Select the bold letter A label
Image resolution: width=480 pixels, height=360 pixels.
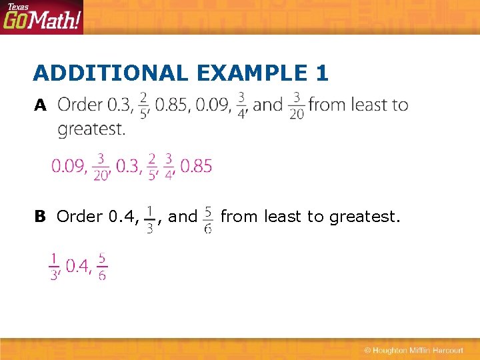pos(41,105)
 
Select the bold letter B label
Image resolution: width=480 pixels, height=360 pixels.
pos(40,217)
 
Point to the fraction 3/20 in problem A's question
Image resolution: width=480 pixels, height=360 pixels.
pos(296,105)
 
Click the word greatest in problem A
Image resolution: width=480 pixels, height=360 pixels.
pos(91,128)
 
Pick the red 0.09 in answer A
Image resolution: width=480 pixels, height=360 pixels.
pos(69,166)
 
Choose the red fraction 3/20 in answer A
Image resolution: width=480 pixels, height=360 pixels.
pos(101,166)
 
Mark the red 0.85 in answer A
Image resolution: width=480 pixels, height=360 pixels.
pos(196,166)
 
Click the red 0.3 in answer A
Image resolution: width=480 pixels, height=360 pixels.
pos(128,166)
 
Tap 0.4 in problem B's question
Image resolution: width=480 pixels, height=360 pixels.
pos(123,217)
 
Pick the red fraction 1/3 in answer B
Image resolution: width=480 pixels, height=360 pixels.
pos(55,266)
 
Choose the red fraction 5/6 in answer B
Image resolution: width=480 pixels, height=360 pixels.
pos(102,266)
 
